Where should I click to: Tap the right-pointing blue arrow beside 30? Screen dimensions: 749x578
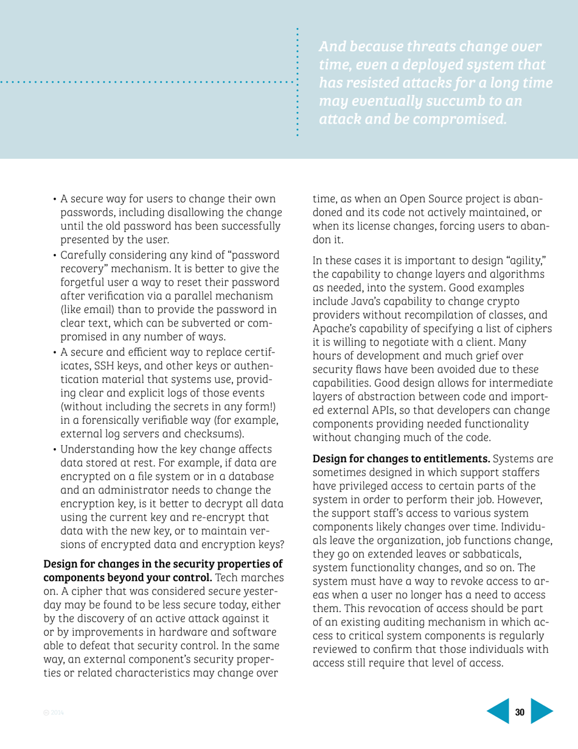pyautogui.click(x=543, y=713)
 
